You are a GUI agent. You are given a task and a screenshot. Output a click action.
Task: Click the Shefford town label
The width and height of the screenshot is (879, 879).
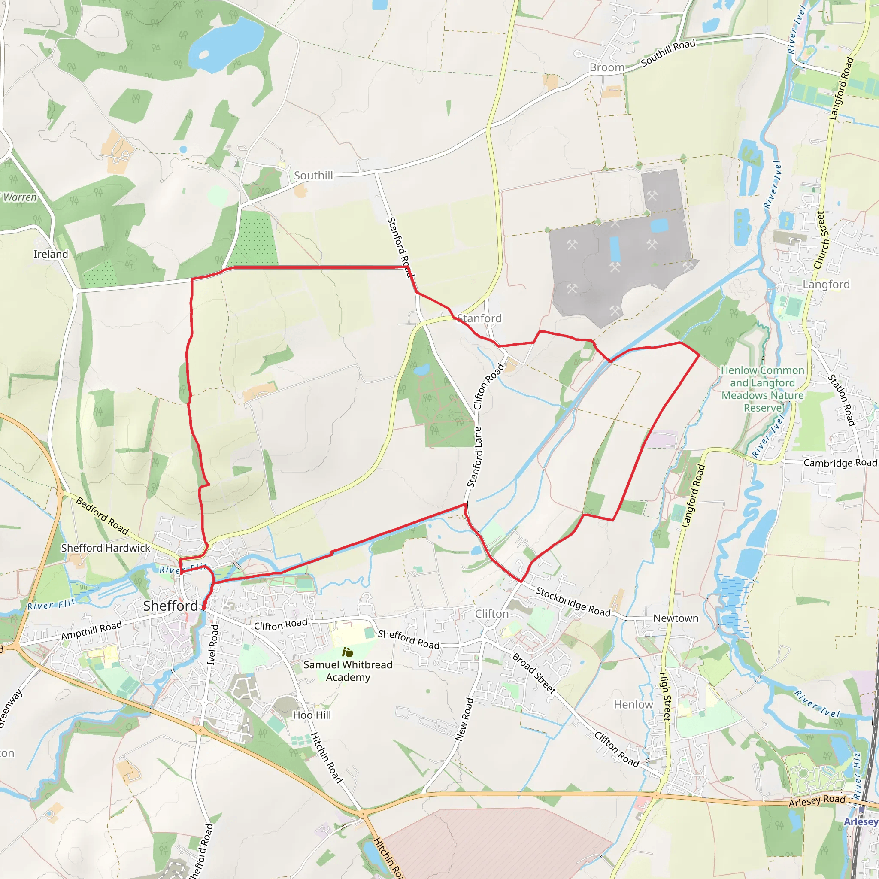pyautogui.click(x=171, y=606)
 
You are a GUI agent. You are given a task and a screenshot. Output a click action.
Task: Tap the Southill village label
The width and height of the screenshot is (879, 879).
pyautogui.click(x=313, y=176)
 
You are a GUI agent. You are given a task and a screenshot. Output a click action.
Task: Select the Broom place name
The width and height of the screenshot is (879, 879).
pyautogui.click(x=607, y=68)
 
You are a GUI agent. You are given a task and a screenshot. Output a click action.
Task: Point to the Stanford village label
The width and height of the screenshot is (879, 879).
pyautogui.click(x=479, y=318)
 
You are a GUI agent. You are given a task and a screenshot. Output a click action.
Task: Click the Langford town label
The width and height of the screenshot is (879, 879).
pyautogui.click(x=826, y=285)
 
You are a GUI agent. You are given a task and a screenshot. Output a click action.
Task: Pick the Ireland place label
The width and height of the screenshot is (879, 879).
pyautogui.click(x=51, y=254)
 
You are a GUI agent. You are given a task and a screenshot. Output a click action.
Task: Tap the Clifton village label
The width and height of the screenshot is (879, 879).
pyautogui.click(x=492, y=614)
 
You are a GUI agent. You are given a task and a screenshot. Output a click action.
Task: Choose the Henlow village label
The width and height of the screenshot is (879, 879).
pyautogui.click(x=633, y=704)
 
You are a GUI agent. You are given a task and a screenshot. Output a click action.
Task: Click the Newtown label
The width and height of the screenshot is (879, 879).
pyautogui.click(x=676, y=618)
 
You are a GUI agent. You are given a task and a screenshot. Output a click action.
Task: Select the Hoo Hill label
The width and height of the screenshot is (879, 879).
pyautogui.click(x=312, y=715)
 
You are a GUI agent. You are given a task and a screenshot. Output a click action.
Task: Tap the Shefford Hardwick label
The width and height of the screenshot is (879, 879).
pyautogui.click(x=106, y=548)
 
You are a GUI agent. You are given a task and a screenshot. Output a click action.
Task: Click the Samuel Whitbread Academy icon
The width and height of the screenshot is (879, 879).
pyautogui.click(x=348, y=652)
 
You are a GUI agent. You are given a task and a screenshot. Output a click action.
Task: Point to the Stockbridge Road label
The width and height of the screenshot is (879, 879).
pyautogui.click(x=573, y=602)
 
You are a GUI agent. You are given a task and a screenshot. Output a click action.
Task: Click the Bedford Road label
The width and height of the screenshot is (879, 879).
pyautogui.click(x=103, y=516)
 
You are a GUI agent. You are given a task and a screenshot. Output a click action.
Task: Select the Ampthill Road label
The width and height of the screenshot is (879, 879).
pyautogui.click(x=91, y=630)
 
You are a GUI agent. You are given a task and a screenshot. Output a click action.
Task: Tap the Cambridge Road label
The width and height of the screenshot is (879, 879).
pyautogui.click(x=840, y=463)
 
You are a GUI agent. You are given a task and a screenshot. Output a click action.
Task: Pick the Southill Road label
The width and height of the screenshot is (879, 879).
pyautogui.click(x=668, y=53)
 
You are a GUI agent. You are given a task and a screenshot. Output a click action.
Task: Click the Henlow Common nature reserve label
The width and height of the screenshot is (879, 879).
pyautogui.click(x=763, y=389)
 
